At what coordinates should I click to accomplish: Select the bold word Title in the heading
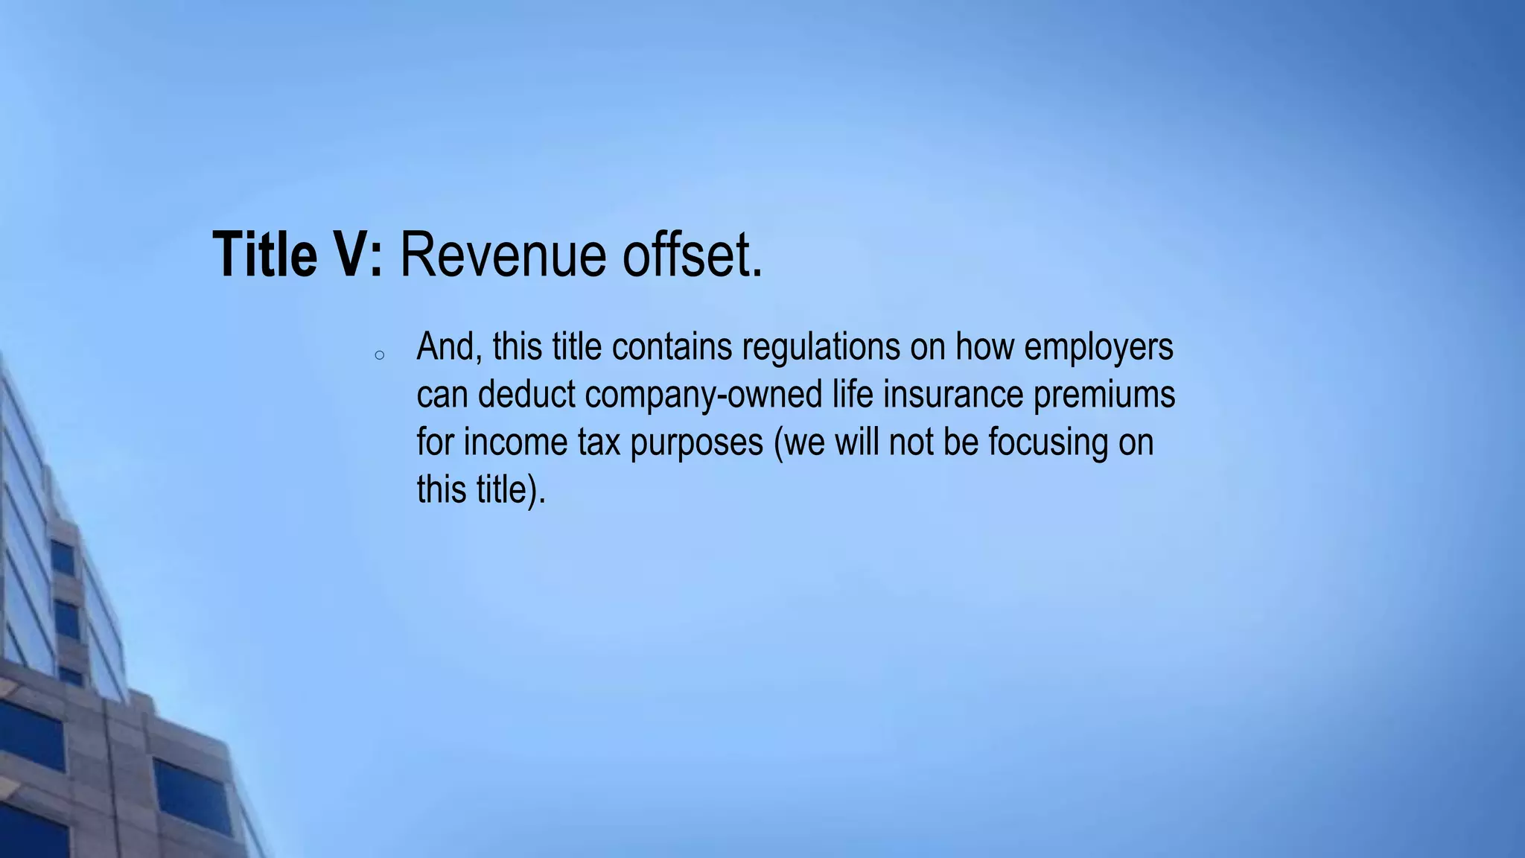pos(264,255)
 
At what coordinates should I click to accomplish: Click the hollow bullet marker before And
pos(379,356)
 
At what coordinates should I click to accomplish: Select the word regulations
pos(821,347)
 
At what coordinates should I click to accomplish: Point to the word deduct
pos(526,395)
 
